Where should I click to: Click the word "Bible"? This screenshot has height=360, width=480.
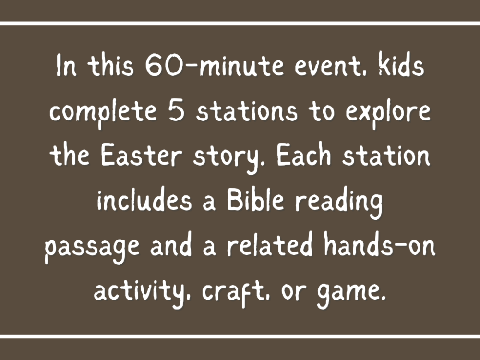click(257, 202)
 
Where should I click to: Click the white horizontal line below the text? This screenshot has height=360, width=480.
click(240, 336)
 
